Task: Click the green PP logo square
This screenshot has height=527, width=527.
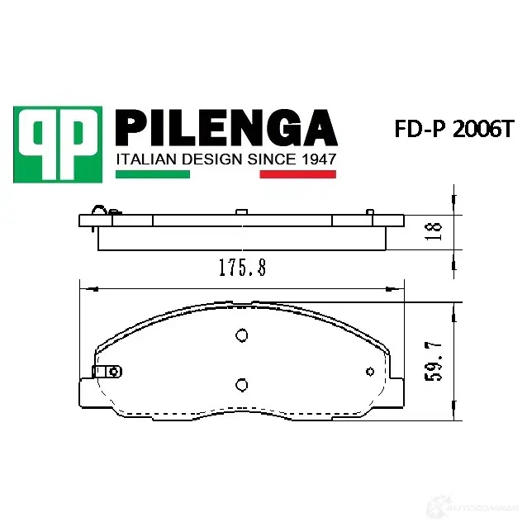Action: click(x=58, y=145)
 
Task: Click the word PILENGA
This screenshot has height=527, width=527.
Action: click(x=226, y=128)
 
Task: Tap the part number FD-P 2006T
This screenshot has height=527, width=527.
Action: click(x=454, y=129)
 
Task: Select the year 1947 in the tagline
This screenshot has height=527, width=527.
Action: click(x=318, y=159)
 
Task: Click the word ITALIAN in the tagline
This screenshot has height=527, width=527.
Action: click(x=147, y=159)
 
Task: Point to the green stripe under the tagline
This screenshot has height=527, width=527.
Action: click(x=153, y=174)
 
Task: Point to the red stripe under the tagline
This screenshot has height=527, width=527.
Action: click(x=298, y=174)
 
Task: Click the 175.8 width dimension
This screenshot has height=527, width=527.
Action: click(x=242, y=268)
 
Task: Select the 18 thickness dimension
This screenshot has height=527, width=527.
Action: click(x=433, y=231)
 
